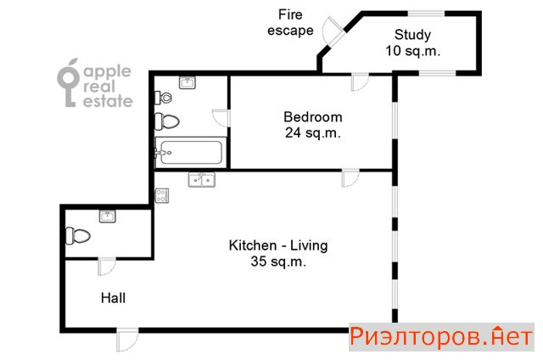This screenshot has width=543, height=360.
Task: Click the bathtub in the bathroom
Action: (x=190, y=152)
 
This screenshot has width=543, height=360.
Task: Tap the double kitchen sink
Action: (x=202, y=180)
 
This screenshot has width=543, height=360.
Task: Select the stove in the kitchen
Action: (x=162, y=196)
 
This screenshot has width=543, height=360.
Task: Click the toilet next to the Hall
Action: (x=78, y=236)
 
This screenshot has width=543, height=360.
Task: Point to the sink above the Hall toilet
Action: (x=108, y=217)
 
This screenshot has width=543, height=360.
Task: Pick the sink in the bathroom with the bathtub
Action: (x=188, y=83)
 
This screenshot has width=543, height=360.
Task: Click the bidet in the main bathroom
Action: (x=163, y=98)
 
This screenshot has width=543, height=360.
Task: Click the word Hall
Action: (x=113, y=298)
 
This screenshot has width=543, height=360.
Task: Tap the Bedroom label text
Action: (x=313, y=117)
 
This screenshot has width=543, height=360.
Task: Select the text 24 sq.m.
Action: (x=313, y=133)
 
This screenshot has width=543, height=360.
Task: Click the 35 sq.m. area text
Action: (x=278, y=262)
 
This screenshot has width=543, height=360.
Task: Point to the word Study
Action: (x=412, y=35)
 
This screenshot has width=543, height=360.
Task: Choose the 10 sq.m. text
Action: (x=413, y=51)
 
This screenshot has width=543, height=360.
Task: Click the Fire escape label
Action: (x=290, y=23)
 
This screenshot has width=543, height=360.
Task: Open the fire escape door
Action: (x=333, y=32)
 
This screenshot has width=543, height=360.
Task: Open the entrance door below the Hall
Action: (x=127, y=340)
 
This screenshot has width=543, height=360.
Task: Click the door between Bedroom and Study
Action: (x=360, y=82)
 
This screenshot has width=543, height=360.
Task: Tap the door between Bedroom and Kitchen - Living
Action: (x=350, y=178)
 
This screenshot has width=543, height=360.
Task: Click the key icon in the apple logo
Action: (x=68, y=83)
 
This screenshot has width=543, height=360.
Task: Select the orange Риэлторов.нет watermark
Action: (x=441, y=337)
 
